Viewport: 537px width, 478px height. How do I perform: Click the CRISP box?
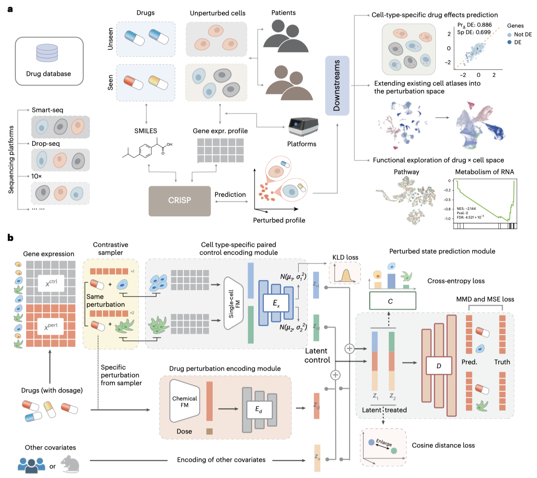180,201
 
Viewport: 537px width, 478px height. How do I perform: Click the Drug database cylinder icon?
47,53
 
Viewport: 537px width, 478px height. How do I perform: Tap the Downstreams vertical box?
337,85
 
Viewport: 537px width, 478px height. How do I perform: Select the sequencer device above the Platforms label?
303,127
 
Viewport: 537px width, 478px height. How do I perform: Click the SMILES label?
146,131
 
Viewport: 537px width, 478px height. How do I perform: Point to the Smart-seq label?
48,110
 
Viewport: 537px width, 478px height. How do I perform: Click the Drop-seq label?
46,143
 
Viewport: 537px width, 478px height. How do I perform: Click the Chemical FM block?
184,401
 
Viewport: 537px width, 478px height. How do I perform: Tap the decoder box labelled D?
438,365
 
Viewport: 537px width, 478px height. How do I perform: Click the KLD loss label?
345,257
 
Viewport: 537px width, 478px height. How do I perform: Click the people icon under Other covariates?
31,465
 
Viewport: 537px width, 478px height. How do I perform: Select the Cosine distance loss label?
443,445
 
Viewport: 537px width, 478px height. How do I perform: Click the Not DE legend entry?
523,34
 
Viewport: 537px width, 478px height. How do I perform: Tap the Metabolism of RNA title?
484,172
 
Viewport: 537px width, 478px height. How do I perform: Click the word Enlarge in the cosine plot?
384,443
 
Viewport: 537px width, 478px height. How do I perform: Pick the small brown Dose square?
209,431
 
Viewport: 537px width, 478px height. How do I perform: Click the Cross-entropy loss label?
456,281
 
